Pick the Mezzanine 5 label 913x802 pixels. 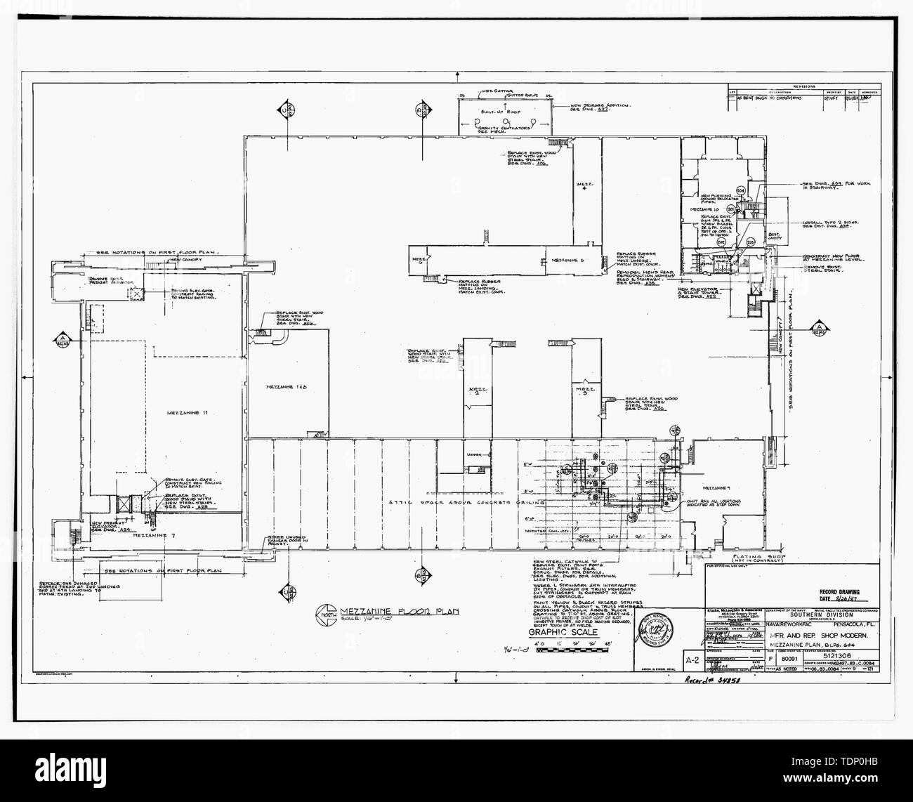point(568,260)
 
